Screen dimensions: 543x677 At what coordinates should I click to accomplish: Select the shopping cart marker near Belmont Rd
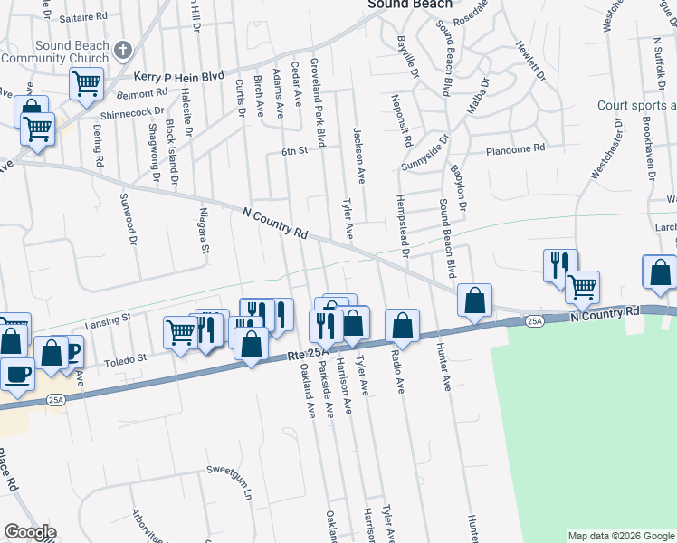(86, 84)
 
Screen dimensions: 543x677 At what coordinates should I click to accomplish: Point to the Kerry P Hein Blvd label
(178, 79)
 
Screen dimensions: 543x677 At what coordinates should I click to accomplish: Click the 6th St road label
(295, 151)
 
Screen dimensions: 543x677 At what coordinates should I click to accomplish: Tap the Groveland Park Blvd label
(318, 102)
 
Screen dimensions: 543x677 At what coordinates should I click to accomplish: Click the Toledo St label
(129, 359)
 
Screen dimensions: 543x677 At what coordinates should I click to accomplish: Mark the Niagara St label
(205, 231)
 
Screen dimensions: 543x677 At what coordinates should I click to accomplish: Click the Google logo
(29, 532)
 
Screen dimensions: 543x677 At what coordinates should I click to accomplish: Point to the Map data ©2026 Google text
(620, 536)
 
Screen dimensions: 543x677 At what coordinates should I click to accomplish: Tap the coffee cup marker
(16, 373)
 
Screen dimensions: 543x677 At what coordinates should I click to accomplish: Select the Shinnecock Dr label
(132, 113)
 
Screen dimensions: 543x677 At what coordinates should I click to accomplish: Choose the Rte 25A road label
(302, 357)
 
